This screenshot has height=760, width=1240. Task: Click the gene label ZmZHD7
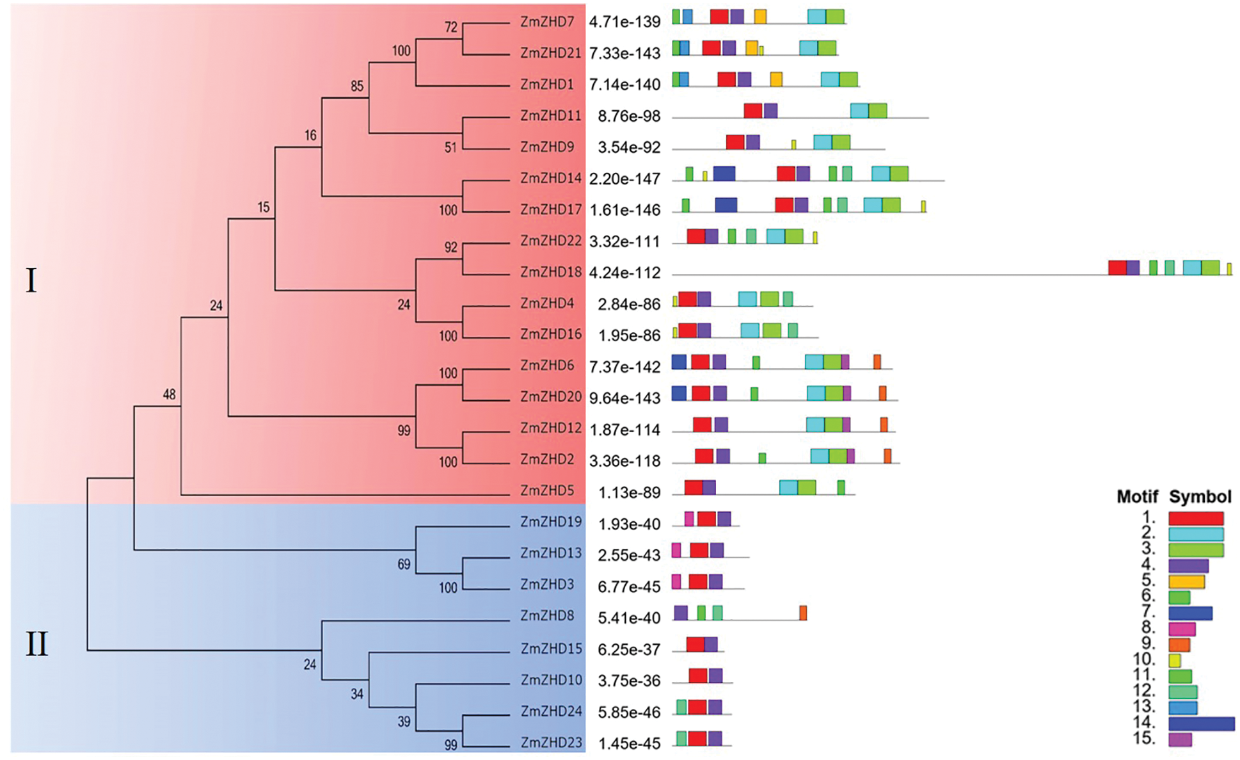click(x=547, y=22)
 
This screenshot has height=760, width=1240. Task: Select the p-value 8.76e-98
click(x=628, y=116)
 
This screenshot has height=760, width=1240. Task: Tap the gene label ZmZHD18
click(x=550, y=272)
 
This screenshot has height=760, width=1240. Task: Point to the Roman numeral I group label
click(x=31, y=280)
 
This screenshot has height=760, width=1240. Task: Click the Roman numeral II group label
click(x=36, y=643)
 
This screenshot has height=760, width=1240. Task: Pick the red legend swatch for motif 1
click(x=1195, y=518)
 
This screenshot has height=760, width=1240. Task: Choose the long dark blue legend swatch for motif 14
click(x=1201, y=724)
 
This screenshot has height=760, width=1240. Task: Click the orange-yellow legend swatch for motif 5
click(x=1186, y=582)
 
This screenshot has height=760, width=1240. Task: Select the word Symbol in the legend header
click(x=1200, y=496)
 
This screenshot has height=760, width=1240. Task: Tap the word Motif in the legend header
click(x=1137, y=496)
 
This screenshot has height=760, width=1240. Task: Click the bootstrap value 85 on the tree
click(x=356, y=86)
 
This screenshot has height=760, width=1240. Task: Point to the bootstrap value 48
click(x=169, y=394)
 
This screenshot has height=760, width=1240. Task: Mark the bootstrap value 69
click(x=404, y=564)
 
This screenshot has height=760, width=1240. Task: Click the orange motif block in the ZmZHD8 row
click(x=803, y=613)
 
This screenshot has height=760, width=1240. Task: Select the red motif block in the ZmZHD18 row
click(x=1117, y=268)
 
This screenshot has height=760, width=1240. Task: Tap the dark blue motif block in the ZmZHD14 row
click(x=724, y=173)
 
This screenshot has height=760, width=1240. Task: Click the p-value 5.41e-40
click(x=628, y=618)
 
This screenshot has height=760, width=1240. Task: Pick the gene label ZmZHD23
click(x=551, y=743)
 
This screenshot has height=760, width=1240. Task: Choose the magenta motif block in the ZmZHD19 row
click(x=688, y=519)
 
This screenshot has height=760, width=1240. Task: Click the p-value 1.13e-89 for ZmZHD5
click(x=628, y=492)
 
